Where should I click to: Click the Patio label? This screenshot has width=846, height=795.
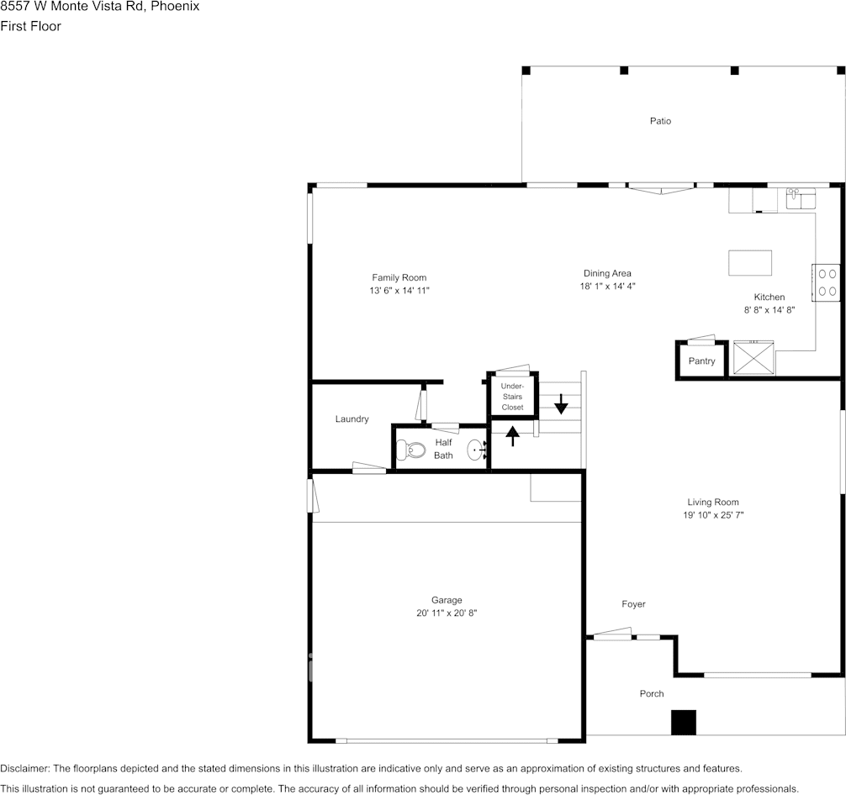pos(660,121)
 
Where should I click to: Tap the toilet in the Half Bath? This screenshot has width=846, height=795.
pos(413,450)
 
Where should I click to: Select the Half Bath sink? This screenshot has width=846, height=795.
pos(476,450)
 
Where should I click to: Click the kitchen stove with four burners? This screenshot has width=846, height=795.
pos(826,282)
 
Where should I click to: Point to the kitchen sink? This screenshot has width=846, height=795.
pos(801,199)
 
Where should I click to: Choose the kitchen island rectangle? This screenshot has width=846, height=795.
pos(750,262)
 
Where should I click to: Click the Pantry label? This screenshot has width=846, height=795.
pos(701,361)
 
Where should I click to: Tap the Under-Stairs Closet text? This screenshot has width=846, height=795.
pos(512,397)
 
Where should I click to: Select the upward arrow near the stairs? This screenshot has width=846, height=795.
pos(512,434)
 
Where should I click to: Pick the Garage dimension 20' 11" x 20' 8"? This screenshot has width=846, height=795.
pos(447,613)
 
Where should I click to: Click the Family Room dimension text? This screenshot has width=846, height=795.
pos(399,291)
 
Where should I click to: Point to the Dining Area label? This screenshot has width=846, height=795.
pos(607,273)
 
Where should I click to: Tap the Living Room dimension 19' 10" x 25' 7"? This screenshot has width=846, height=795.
pos(711,515)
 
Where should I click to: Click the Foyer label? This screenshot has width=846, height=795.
pos(633,604)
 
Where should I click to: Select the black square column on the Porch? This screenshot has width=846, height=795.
pos(683,723)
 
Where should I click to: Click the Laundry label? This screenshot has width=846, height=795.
pos(352,419)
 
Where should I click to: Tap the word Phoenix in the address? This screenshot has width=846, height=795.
pos(175,6)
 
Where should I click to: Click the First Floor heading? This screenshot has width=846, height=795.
pos(30,26)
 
